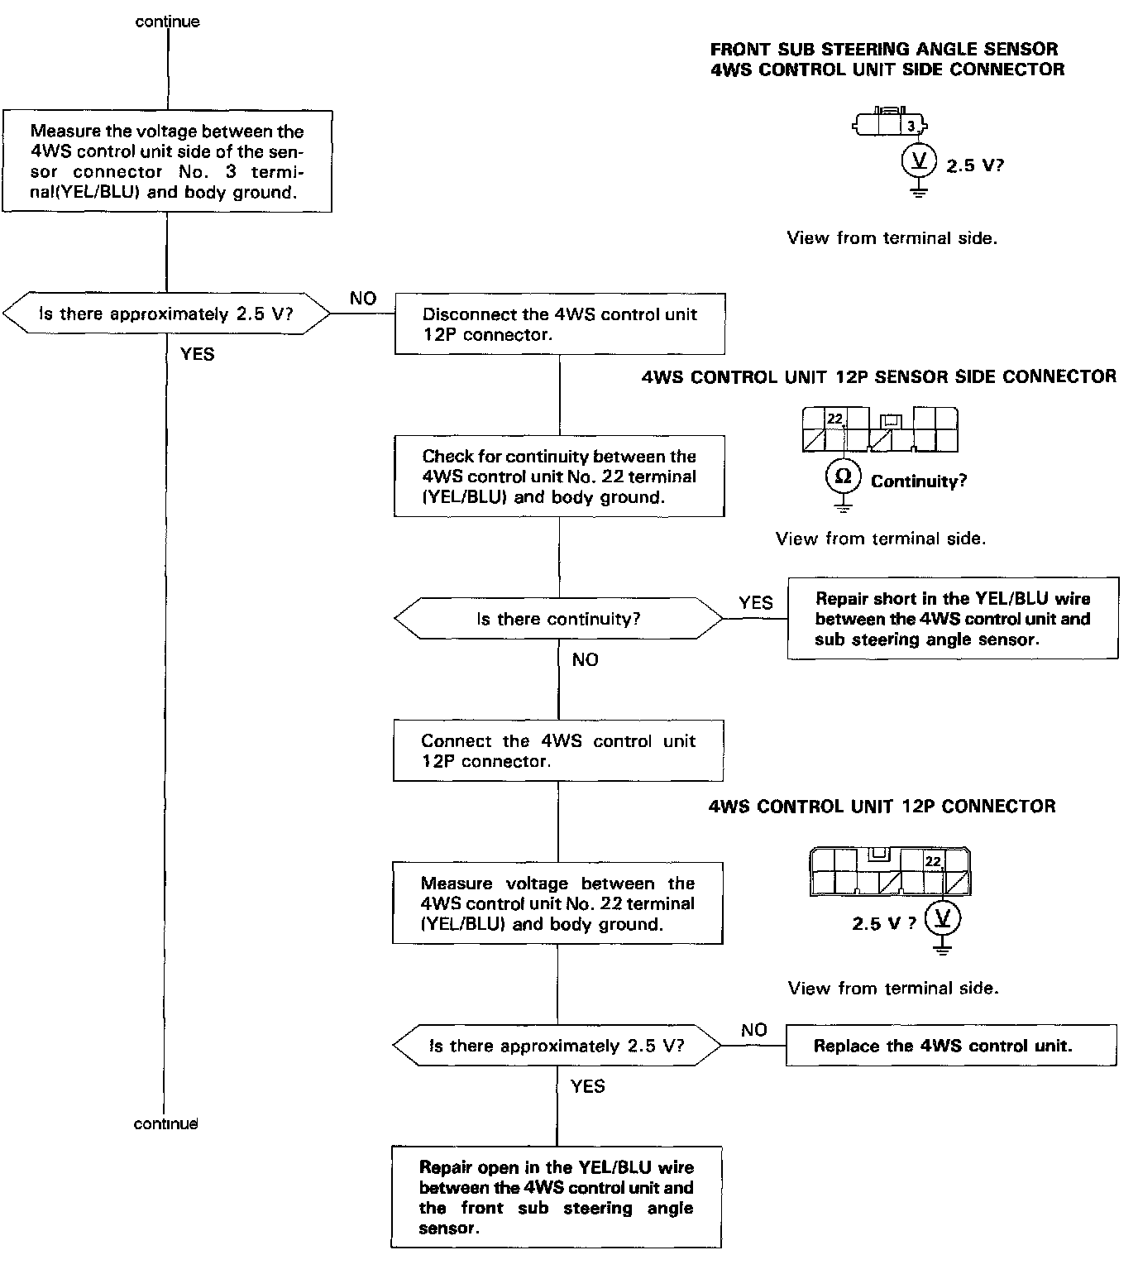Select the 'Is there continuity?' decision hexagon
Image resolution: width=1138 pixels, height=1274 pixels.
click(x=558, y=619)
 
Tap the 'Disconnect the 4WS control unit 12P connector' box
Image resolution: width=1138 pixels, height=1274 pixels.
click(x=560, y=324)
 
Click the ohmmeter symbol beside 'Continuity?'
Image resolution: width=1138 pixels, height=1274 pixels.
click(x=843, y=477)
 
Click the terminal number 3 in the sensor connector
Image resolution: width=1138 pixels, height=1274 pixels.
click(x=911, y=127)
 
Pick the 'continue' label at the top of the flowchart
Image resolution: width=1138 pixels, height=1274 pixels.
click(x=168, y=22)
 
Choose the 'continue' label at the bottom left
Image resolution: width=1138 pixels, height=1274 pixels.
click(x=166, y=1123)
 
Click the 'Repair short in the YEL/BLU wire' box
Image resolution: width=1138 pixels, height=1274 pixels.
click(x=953, y=619)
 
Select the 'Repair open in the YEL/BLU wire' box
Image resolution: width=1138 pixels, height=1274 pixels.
click(x=557, y=1197)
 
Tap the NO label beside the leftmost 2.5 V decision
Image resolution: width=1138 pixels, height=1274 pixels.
click(x=363, y=299)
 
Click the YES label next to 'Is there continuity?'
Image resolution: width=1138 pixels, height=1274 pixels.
click(x=756, y=603)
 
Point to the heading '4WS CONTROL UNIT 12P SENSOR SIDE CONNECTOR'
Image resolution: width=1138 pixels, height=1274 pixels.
click(x=878, y=377)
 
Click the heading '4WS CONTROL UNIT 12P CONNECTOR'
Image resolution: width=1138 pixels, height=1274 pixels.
click(x=882, y=807)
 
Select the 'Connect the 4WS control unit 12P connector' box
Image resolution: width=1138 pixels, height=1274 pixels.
click(x=558, y=751)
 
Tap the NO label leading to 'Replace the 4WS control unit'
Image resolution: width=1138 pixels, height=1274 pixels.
click(x=753, y=1030)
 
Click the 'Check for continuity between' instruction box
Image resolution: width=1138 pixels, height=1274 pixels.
click(x=559, y=477)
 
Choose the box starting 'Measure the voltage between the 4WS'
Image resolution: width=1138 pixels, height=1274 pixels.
click(x=167, y=161)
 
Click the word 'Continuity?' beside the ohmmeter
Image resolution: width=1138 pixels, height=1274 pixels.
click(x=919, y=481)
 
